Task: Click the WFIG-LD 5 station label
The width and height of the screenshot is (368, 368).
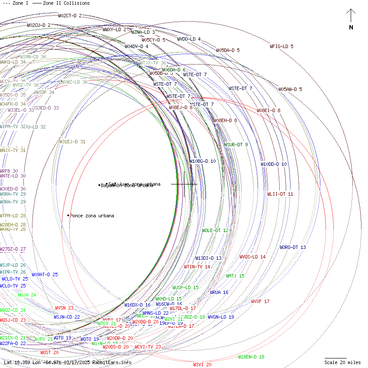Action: coord(281,46)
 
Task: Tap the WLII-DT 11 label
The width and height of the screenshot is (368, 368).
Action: coord(280,194)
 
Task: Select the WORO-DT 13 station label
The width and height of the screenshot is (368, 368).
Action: coord(293,248)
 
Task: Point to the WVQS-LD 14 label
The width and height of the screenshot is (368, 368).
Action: coord(252,257)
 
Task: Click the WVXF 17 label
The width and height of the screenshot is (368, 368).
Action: coord(260,301)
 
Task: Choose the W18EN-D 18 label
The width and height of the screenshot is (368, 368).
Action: coord(251,357)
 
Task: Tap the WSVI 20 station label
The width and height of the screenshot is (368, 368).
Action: coord(202,365)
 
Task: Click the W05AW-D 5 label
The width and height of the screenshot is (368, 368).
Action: coord(290,90)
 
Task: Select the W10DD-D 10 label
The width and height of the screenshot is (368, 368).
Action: coord(274,165)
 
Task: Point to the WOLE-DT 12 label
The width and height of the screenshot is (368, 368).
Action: coord(215,231)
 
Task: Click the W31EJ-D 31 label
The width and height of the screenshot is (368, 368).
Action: coord(72,142)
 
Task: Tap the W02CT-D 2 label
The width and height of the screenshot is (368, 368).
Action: coord(70,16)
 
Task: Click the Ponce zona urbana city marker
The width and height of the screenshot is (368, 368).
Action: coord(68,215)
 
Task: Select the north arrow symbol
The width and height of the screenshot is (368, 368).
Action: coord(351,16)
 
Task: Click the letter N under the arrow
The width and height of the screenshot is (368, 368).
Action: coord(351,28)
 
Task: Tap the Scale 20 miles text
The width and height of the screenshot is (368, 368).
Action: coord(342,362)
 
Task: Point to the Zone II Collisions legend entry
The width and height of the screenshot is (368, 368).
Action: coord(61,3)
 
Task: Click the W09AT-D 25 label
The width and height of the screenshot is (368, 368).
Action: coord(45,274)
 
